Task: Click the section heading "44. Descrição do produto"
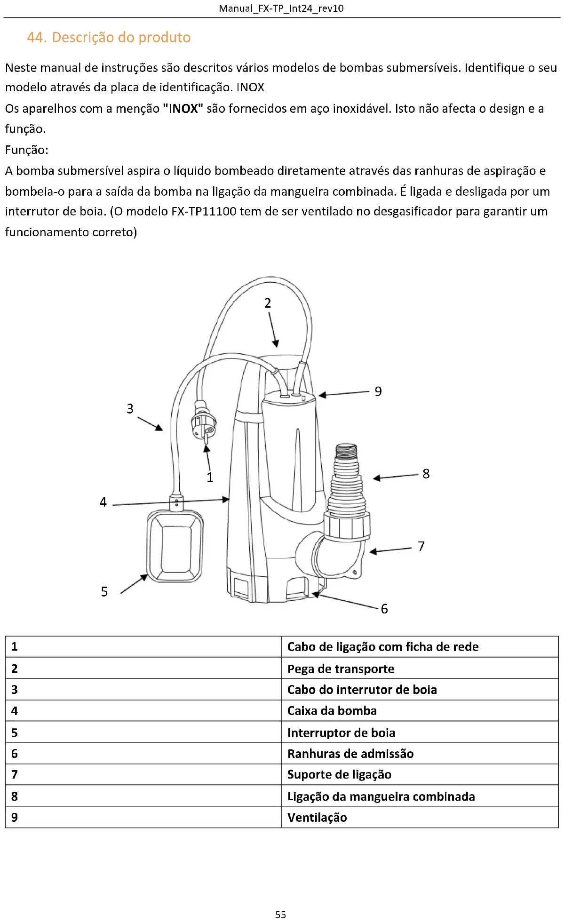click(109, 37)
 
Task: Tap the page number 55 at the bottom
click(280, 915)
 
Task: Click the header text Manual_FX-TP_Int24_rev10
click(281, 8)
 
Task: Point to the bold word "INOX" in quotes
click(183, 109)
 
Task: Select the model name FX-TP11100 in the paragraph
click(203, 211)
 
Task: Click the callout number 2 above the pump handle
click(268, 303)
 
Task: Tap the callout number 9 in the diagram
click(378, 391)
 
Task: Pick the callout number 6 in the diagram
click(384, 609)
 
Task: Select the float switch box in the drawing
click(175, 547)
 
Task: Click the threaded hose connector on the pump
click(347, 480)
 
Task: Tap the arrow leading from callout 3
click(150, 423)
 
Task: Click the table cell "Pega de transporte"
click(341, 668)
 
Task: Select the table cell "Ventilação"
click(317, 817)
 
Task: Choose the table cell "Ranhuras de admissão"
click(350, 754)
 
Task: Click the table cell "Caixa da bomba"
click(332, 711)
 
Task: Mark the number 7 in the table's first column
click(15, 774)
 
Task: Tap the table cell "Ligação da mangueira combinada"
click(381, 796)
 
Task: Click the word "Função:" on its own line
click(27, 150)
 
